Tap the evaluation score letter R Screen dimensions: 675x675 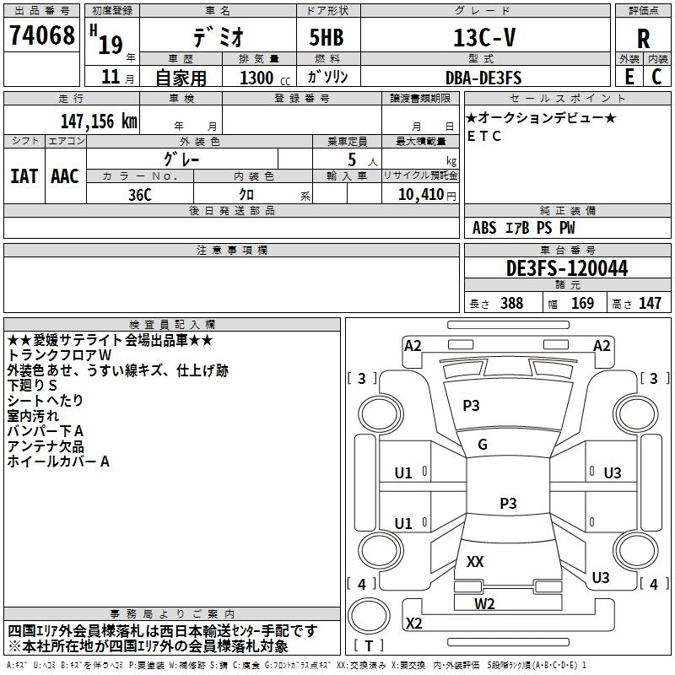pyautogui.click(x=643, y=37)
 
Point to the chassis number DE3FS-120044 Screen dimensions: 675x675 pyautogui.click(x=566, y=269)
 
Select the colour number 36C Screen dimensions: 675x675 pyautogui.click(x=139, y=193)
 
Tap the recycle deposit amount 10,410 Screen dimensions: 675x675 pyautogui.click(x=418, y=194)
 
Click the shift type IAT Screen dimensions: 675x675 pyautogui.click(x=24, y=176)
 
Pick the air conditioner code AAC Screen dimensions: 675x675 pyautogui.click(x=65, y=176)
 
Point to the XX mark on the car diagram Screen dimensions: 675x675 pyautogui.click(x=475, y=561)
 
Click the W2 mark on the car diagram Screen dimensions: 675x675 pyautogui.click(x=484, y=603)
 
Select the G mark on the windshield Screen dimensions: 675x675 pyautogui.click(x=483, y=445)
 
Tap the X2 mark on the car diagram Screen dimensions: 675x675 pyautogui.click(x=414, y=624)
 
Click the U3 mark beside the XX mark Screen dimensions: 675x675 pyautogui.click(x=601, y=577)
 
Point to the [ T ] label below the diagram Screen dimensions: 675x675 pyautogui.click(x=369, y=646)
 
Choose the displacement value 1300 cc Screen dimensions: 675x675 pyautogui.click(x=258, y=78)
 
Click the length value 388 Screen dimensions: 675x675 pyautogui.click(x=511, y=304)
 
